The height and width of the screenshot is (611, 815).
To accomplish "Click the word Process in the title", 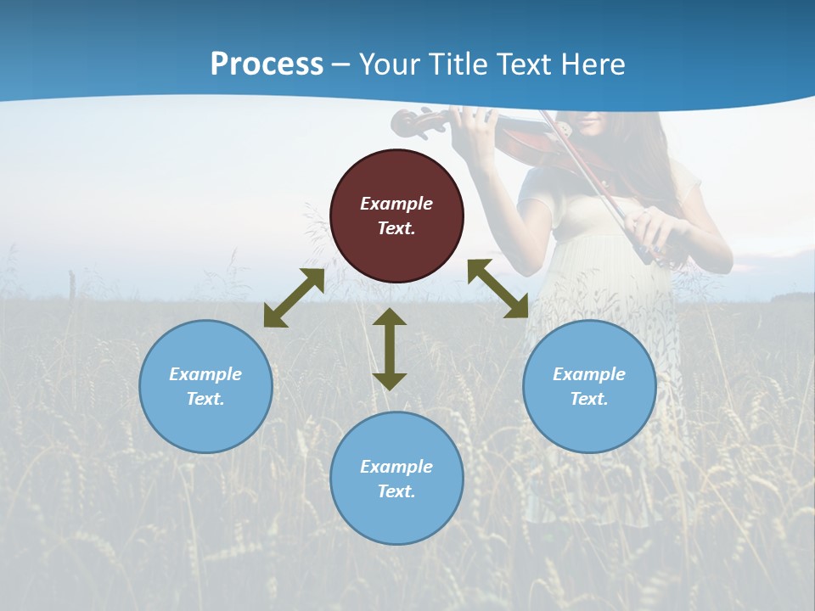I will tap(267, 64).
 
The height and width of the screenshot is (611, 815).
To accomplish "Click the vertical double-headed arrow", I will tap(390, 349).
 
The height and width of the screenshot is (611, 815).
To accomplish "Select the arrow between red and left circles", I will tap(295, 298).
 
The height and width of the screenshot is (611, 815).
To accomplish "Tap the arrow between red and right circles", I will tap(497, 289).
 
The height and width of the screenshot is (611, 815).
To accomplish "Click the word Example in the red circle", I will tap(396, 204).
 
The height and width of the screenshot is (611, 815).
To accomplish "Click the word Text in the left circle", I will tap(205, 399).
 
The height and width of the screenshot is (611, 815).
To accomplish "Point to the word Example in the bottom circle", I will tap(396, 467).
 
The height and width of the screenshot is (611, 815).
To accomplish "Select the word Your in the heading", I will tap(383, 64).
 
